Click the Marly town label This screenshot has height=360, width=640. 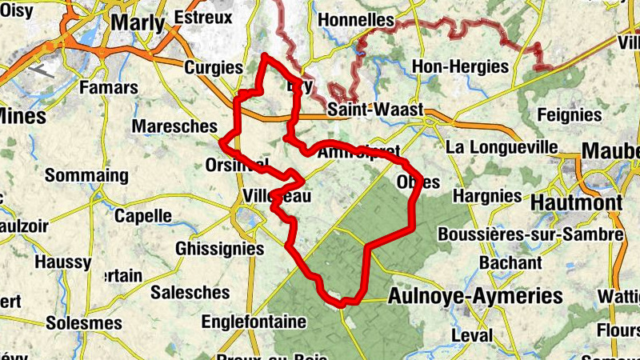138,22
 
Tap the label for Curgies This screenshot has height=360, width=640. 213,67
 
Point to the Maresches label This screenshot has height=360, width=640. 174,126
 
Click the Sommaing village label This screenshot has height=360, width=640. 86,175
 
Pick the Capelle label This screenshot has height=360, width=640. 143,215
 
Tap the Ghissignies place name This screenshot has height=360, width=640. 219,249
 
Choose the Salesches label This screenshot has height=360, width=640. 190,292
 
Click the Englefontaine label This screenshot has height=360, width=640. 254,322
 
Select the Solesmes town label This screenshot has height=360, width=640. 84,323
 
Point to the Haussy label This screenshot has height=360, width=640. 63,262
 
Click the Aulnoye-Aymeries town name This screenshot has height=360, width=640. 474,297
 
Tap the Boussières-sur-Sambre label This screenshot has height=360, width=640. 530,234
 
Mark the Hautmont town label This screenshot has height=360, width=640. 577,203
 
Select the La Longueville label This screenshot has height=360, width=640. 502,147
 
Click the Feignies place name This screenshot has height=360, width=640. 570,114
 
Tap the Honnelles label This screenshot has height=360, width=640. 356,19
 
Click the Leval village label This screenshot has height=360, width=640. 472,334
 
